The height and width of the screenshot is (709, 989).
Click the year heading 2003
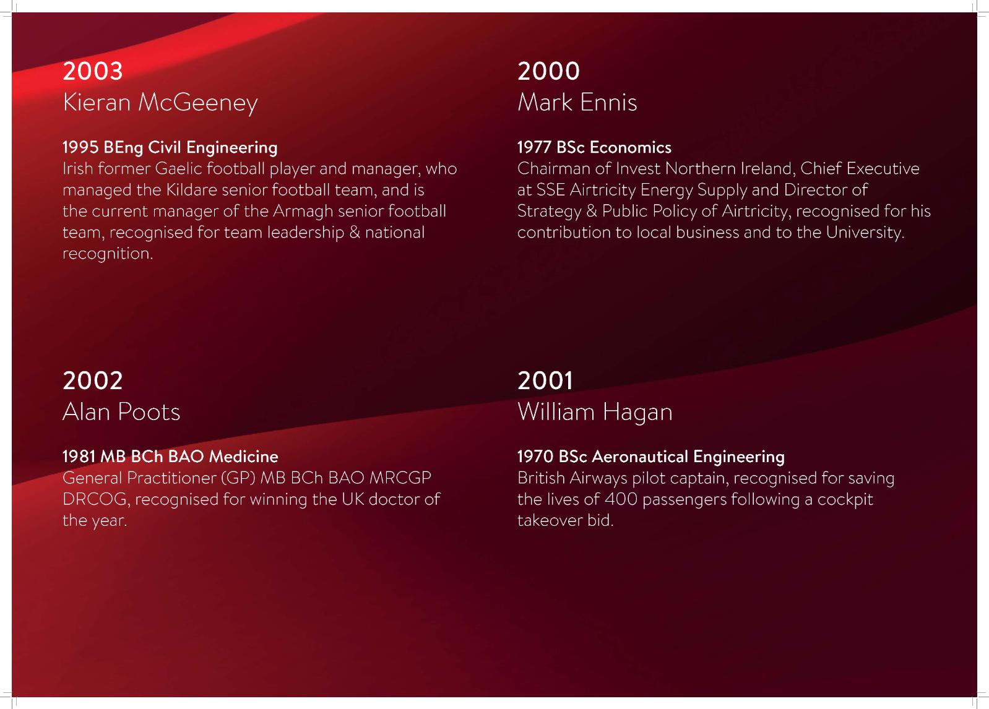click(92, 71)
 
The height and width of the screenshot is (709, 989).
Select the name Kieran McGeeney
click(160, 103)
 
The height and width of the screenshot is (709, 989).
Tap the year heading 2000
click(548, 71)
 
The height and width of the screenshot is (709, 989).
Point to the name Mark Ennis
click(577, 102)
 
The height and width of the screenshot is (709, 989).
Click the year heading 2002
click(92, 380)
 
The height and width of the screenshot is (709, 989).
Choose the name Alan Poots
click(121, 411)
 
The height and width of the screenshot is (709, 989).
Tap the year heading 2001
click(545, 380)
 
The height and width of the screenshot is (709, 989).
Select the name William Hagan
click(595, 412)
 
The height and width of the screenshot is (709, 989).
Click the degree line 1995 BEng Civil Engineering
click(170, 147)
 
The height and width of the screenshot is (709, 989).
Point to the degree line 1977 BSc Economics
click(594, 147)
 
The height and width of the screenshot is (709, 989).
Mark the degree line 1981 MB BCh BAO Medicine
click(170, 456)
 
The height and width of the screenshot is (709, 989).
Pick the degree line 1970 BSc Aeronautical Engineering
click(651, 457)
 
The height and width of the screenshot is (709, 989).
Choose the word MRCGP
click(400, 478)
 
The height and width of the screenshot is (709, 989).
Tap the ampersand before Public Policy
click(592, 211)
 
